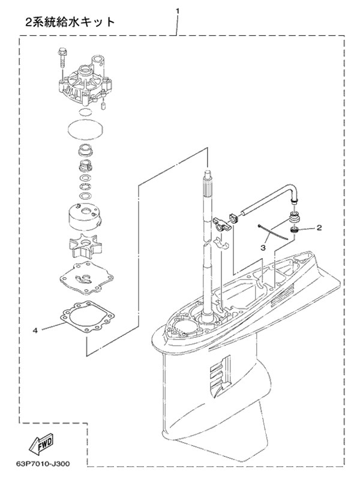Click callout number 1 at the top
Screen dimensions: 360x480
click(x=178, y=11)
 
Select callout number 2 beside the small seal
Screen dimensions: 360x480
click(x=319, y=227)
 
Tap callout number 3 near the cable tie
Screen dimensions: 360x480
click(x=263, y=248)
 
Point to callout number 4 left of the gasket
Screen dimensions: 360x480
click(x=35, y=331)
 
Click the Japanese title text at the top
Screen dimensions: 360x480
click(x=70, y=22)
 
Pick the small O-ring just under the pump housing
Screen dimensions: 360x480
click(x=85, y=112)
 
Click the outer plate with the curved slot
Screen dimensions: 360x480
click(x=86, y=278)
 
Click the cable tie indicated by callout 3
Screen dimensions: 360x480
click(x=273, y=233)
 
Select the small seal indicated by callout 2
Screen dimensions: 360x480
click(x=295, y=230)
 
